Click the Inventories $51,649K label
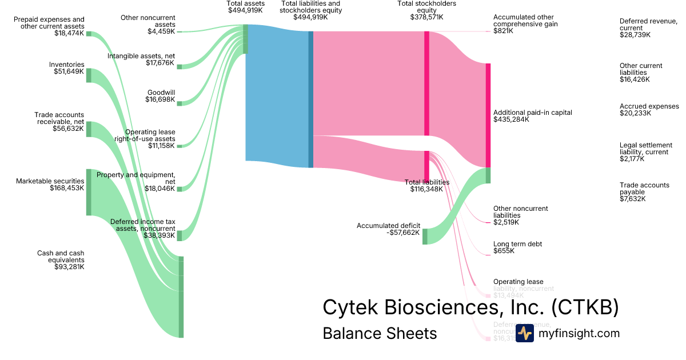pos(66,68)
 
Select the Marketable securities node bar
pos(89,192)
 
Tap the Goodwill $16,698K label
pos(161,95)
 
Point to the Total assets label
pos(246,7)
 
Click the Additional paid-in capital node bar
pos(488,115)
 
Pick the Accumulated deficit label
pos(388,229)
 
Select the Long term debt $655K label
pos(517,247)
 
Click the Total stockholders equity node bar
pos(426,83)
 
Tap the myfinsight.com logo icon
pos(524,333)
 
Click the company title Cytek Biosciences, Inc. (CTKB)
pos(470,307)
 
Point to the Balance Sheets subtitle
pos(380,333)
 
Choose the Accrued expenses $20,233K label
pos(649,110)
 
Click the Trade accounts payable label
pos(644,192)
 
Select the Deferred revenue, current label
pos(648,27)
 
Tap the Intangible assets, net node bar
pos(179,67)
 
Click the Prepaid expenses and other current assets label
pos(49,26)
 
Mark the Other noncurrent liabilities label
pos(520,215)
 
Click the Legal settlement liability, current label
pos(646,151)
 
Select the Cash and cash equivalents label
pos(61,259)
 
